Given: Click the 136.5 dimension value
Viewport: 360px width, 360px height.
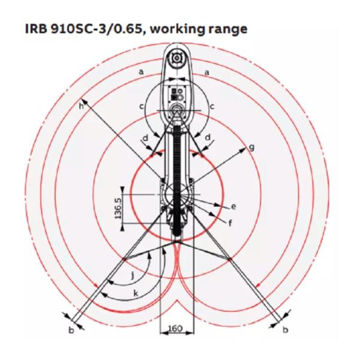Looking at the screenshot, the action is (119, 209).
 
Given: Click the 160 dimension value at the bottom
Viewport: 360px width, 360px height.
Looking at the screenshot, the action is (176, 328).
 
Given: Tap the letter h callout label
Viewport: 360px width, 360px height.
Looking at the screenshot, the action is (81, 106).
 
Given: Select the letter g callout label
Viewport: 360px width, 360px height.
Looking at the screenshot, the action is (252, 147).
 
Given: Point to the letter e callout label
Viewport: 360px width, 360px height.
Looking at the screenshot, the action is (233, 206).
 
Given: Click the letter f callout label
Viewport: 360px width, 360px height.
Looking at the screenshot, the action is (230, 222).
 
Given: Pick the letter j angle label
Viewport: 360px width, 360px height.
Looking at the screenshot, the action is (133, 275).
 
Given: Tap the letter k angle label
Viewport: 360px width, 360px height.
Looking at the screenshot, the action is (136, 293).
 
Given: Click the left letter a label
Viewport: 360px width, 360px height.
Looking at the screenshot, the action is (142, 72).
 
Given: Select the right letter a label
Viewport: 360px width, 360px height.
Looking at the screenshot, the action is (207, 73).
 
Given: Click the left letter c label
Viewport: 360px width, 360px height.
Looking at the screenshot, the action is (142, 107).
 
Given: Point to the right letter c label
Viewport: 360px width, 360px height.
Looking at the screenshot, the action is (212, 107).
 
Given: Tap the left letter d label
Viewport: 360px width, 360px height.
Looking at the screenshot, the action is (146, 138).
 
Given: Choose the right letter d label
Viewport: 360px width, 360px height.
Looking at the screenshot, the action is (208, 137).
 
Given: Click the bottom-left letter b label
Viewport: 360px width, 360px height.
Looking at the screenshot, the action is (71, 331).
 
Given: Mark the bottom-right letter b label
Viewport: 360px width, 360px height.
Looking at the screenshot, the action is (286, 329).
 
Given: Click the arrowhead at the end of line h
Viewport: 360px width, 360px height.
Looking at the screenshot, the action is (85, 102).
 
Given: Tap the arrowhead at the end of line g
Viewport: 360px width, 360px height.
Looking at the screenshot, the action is (242, 151).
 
